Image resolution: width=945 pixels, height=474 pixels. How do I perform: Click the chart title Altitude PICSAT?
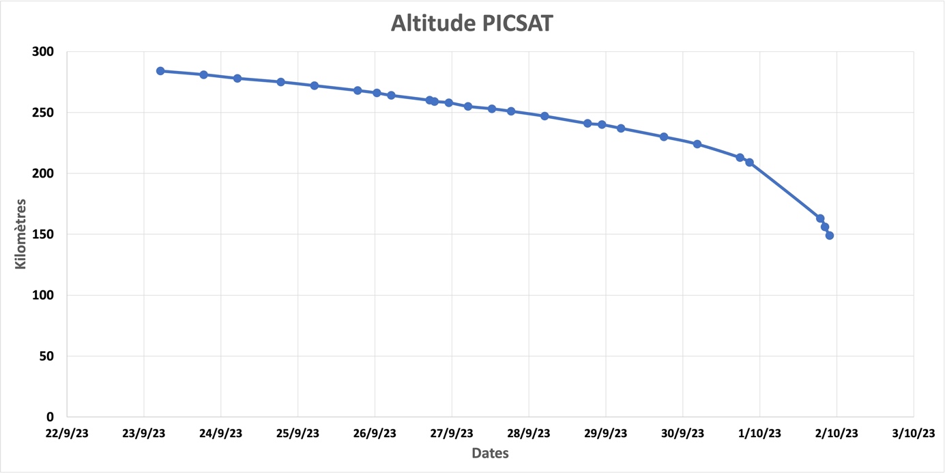tap(471, 23)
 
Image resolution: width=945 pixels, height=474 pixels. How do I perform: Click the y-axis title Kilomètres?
tap(21, 234)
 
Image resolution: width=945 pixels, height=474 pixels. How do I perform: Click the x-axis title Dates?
tap(490, 453)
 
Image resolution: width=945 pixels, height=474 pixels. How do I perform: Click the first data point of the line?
tap(160, 71)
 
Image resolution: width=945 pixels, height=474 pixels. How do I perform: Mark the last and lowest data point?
tap(830, 236)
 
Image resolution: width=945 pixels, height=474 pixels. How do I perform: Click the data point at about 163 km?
tap(820, 219)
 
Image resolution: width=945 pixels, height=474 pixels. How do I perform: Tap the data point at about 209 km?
tap(749, 163)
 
